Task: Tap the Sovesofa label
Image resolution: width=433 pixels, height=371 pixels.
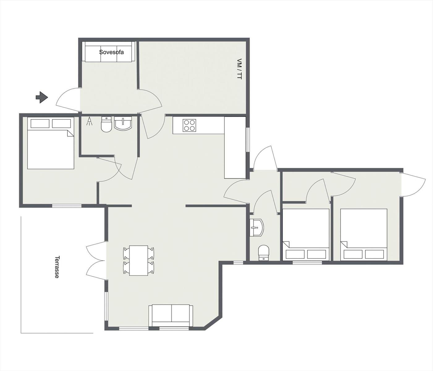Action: [x=111, y=52]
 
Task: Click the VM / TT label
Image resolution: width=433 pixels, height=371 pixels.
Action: [x=239, y=69]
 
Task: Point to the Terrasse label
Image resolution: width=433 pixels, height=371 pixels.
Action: [x=57, y=267]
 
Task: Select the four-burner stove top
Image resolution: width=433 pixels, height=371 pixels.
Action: [x=189, y=125]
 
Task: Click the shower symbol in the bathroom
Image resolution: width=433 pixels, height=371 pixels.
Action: [x=90, y=122]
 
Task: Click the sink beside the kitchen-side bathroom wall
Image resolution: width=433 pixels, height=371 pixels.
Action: [x=123, y=124]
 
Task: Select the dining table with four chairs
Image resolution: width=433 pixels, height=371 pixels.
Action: [x=139, y=261]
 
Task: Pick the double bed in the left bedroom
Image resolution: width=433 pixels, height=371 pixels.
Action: [x=51, y=143]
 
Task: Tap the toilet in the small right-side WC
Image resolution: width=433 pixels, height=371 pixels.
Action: [x=264, y=253]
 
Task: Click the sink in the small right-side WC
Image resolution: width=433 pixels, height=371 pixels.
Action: [x=257, y=228]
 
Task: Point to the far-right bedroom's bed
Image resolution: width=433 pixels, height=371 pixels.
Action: [x=363, y=235]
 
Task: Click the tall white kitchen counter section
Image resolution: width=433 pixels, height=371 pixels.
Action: [x=235, y=147]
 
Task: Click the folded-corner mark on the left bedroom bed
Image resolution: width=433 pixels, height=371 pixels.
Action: [x=70, y=133]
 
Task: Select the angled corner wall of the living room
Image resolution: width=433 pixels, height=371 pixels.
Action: [x=213, y=326]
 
